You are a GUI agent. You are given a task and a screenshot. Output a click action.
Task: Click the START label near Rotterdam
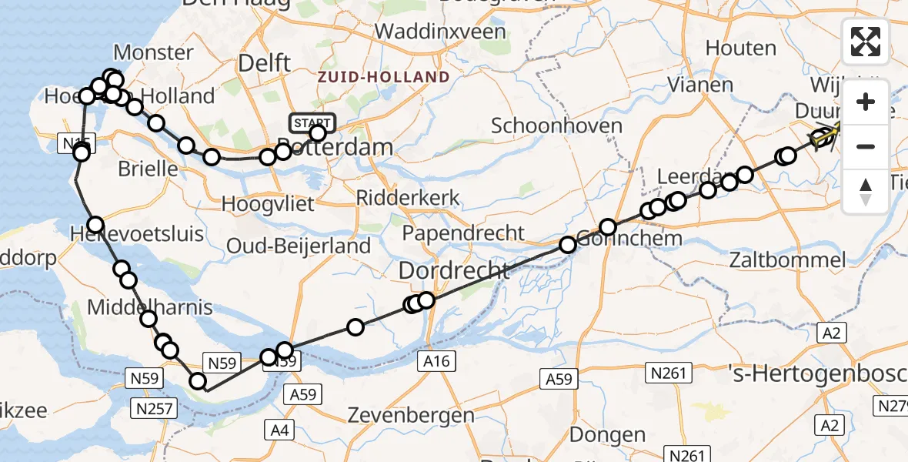(x=312, y=122)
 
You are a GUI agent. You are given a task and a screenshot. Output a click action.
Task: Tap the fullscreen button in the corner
(x=866, y=41)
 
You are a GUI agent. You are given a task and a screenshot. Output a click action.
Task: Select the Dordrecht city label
(x=454, y=271)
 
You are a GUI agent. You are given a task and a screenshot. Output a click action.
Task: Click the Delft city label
(x=264, y=62)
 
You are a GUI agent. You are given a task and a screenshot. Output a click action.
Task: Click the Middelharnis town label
(x=150, y=308)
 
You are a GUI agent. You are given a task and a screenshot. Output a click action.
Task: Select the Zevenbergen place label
(x=411, y=415)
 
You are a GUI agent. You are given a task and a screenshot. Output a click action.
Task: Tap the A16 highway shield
(x=439, y=360)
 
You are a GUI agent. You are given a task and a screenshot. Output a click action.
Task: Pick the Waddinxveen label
(x=441, y=32)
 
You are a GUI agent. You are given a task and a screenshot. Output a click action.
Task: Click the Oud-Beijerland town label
(x=299, y=246)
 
